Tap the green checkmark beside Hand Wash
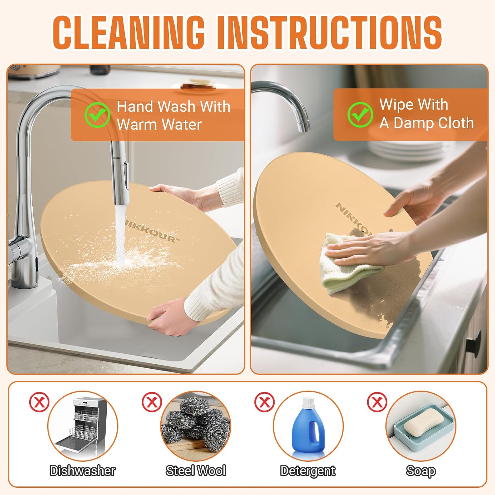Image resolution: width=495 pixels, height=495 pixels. click(97, 115)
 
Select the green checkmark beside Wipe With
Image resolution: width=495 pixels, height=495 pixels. click(360, 115)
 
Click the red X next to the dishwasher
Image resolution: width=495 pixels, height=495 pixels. click(39, 402)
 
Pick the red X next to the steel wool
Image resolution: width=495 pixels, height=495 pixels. click(152, 402)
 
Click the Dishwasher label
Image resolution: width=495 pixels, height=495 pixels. click(83, 471)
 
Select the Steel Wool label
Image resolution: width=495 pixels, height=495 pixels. click(196, 471)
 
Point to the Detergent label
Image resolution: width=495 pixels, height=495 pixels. click(308, 471)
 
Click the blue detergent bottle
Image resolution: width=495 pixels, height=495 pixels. click(308, 426)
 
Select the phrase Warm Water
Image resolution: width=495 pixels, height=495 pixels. click(159, 125)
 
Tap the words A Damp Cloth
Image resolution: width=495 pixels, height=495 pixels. click(427, 123)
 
